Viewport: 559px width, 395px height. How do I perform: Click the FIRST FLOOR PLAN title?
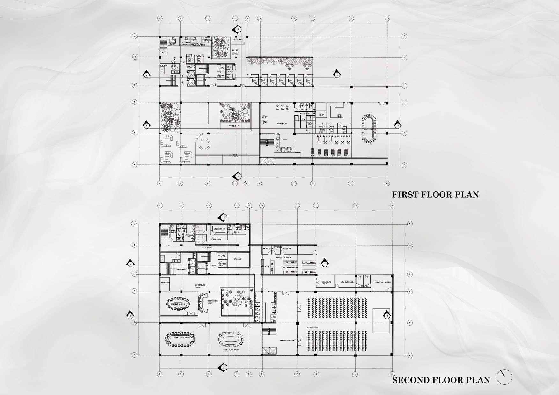pyautogui.click(x=435, y=194)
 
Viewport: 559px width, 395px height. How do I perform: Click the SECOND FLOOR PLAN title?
pyautogui.click(x=441, y=380)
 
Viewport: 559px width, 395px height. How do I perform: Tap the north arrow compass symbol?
pyautogui.click(x=504, y=377)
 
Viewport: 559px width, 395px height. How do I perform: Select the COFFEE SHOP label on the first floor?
pyautogui.click(x=238, y=39)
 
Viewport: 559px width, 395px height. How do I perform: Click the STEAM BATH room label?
pyautogui.click(x=321, y=115)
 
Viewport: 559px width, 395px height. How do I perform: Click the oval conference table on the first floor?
pyautogui.click(x=369, y=129)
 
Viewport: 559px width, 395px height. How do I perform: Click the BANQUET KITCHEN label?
pyautogui.click(x=283, y=257)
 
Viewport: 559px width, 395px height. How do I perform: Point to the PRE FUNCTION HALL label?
pyautogui.click(x=288, y=341)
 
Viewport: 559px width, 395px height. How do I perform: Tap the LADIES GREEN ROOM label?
pyautogui.click(x=382, y=282)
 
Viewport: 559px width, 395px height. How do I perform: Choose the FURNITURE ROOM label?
pyautogui.click(x=327, y=283)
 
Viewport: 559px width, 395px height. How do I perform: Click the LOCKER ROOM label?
pyautogui.click(x=219, y=229)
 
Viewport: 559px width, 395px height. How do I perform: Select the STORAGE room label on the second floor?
pyautogui.click(x=238, y=259)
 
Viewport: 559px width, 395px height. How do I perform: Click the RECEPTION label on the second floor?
pyautogui.click(x=165, y=282)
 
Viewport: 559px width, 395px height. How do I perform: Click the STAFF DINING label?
pyautogui.click(x=207, y=248)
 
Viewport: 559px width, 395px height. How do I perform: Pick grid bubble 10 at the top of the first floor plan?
pyautogui.click(x=387, y=18)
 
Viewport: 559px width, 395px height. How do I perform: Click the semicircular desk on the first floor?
pyautogui.click(x=203, y=145)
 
